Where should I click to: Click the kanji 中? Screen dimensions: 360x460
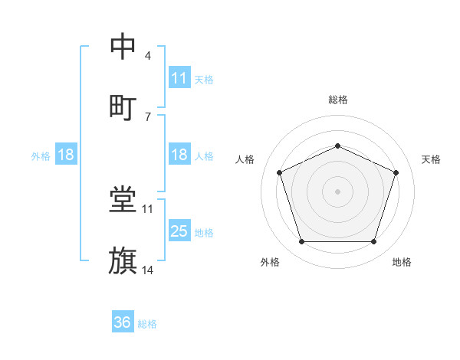pyautogui.click(x=123, y=47)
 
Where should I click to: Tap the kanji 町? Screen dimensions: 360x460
pyautogui.click(x=123, y=106)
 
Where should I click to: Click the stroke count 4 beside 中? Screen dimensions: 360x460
pyautogui.click(x=148, y=57)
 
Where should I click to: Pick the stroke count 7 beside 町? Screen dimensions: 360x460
pyautogui.click(x=148, y=116)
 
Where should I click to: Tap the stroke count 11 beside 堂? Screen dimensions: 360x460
pyautogui.click(x=148, y=208)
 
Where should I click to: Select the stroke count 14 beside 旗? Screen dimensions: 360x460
pyautogui.click(x=148, y=270)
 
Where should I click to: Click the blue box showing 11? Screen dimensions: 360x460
pyautogui.click(x=179, y=78)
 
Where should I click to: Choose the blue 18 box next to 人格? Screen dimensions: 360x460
pyautogui.click(x=179, y=155)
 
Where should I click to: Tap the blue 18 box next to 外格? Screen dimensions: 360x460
pyautogui.click(x=66, y=155)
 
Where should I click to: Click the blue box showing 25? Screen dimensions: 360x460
pyautogui.click(x=179, y=231)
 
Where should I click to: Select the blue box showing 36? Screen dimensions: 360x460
pyautogui.click(x=123, y=322)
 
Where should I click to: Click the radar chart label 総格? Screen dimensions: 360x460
pyautogui.click(x=337, y=100)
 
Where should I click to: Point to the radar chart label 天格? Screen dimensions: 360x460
pyautogui.click(x=432, y=159)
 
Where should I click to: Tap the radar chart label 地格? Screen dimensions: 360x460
pyautogui.click(x=402, y=263)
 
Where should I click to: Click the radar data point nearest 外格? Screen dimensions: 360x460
pyautogui.click(x=301, y=242)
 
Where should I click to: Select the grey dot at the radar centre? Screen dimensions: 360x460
pyautogui.click(x=337, y=191)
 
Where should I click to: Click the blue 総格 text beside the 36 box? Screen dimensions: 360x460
pyautogui.click(x=147, y=324)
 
